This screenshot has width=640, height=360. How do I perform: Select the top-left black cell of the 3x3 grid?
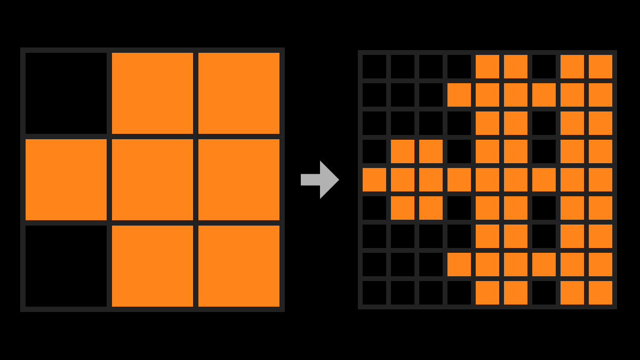[66, 93]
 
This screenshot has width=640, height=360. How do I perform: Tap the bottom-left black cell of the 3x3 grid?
[66, 266]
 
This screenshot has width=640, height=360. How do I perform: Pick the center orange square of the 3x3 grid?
[153, 180]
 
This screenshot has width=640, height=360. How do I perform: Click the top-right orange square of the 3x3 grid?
[239, 93]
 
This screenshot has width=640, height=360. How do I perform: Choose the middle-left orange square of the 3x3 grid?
[66, 180]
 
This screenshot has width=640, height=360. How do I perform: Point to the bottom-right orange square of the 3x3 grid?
[239, 266]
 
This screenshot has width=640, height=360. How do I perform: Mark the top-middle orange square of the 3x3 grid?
[153, 93]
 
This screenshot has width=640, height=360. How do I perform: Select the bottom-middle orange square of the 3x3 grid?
[153, 266]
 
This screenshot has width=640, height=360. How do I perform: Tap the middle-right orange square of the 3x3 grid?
[239, 180]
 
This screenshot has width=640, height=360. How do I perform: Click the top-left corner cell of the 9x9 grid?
[374, 67]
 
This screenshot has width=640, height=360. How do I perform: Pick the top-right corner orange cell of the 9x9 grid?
[601, 67]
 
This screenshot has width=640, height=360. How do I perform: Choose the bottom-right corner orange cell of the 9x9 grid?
[601, 293]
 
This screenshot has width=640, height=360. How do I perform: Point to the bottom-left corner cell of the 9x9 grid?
[374, 293]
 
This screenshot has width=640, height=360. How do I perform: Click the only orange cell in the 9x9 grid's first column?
[374, 180]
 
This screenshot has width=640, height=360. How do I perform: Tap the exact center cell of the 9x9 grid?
[487, 180]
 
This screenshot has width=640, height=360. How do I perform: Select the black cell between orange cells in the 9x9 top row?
[544, 67]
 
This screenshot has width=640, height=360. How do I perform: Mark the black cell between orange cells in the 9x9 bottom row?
[544, 293]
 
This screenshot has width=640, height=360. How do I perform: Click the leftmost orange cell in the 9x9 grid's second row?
[459, 95]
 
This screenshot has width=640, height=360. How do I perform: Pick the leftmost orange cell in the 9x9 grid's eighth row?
[459, 265]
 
